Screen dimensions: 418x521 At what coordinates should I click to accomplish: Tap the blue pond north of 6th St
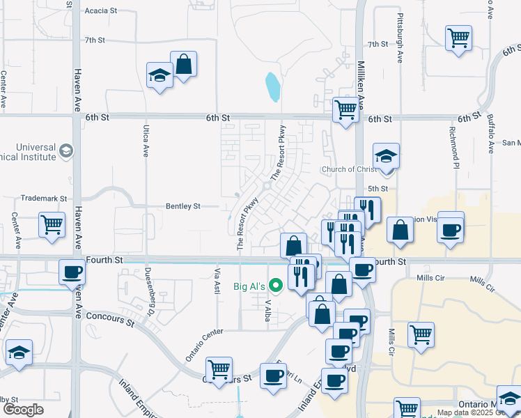pyautogui.click(x=272, y=86)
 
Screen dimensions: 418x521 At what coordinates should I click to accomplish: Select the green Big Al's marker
pyautogui.click(x=276, y=285)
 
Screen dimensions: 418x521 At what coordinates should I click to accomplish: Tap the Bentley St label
pyautogui.click(x=182, y=206)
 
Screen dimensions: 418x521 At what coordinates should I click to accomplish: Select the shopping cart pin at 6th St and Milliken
pyautogui.click(x=345, y=109)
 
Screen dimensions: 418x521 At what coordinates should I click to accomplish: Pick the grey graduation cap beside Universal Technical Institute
pyautogui.click(x=66, y=150)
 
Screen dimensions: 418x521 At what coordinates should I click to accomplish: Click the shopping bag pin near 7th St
pyautogui.click(x=183, y=64)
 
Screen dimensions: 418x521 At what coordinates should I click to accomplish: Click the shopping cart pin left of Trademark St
pyautogui.click(x=52, y=226)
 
